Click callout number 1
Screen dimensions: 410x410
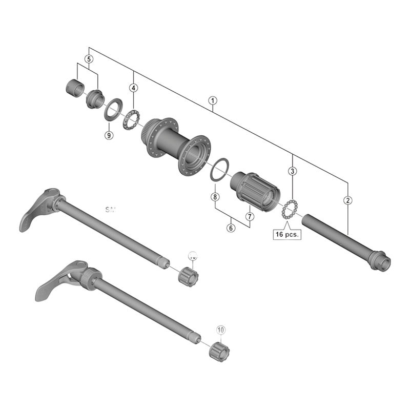212,100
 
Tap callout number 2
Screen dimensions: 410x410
348,200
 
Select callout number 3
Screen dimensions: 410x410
292,171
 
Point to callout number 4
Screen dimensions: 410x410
133,88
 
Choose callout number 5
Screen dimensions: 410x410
89,59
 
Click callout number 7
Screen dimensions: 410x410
250,216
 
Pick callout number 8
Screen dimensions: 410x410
215,197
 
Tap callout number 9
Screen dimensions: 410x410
108,135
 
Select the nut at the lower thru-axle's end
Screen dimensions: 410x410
219,351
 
